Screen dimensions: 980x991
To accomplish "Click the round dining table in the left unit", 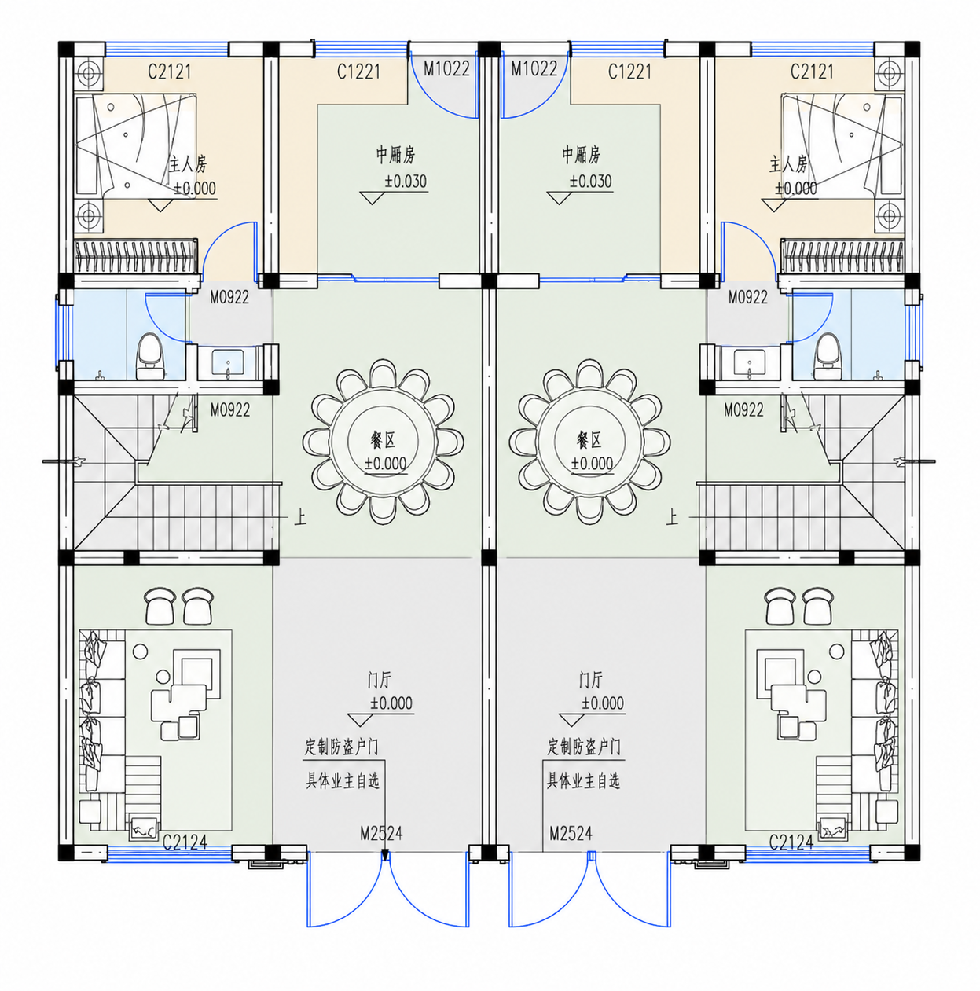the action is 383,442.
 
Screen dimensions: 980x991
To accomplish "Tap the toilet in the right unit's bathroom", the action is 827,356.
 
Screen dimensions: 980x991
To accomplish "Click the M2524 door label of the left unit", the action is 381,832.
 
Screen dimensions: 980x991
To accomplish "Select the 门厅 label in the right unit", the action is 590,680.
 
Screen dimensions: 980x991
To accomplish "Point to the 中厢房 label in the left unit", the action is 395,154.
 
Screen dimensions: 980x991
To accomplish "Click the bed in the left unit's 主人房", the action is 136,145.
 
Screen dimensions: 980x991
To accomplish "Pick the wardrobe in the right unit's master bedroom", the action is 842,255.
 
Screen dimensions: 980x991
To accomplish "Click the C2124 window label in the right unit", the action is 791,842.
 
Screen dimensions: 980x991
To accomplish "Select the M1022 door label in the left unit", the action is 446,68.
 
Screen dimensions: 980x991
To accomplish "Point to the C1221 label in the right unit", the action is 629,72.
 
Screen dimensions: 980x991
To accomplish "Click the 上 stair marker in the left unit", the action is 300,517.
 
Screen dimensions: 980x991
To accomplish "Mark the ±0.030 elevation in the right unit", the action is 590,181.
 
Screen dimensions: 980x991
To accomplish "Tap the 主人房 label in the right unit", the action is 788,164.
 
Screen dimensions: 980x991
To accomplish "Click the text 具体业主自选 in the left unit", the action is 343,780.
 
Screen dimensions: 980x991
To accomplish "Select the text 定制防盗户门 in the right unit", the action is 584,747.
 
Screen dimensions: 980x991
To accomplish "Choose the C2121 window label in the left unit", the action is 169,72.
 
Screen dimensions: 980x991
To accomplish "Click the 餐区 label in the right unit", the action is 589,440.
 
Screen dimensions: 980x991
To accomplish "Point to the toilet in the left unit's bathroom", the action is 149,356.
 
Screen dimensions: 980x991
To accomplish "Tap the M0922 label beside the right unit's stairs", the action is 743,409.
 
